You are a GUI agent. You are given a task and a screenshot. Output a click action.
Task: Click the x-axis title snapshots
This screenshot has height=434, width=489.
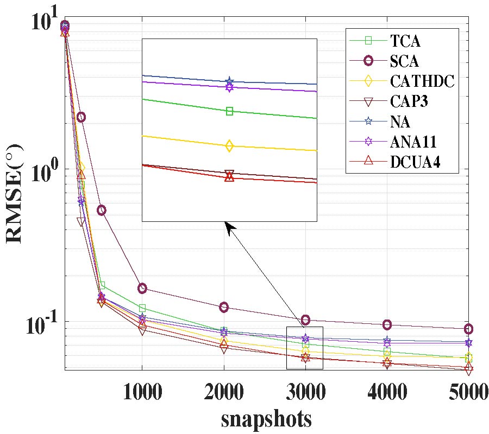click(266, 419)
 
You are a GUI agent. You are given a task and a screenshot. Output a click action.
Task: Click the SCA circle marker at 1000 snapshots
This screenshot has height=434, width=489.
click(142, 289)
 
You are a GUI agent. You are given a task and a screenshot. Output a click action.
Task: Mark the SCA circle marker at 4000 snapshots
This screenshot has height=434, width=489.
click(387, 325)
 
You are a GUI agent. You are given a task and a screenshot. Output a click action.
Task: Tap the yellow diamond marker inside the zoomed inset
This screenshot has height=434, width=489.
click(229, 145)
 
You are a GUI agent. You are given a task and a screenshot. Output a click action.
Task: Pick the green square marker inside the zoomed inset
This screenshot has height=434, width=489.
click(229, 111)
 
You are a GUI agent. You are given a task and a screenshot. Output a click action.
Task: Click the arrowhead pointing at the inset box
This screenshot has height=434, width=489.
click(229, 227)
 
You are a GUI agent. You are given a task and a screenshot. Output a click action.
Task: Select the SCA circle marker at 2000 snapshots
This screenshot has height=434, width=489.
click(224, 308)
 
